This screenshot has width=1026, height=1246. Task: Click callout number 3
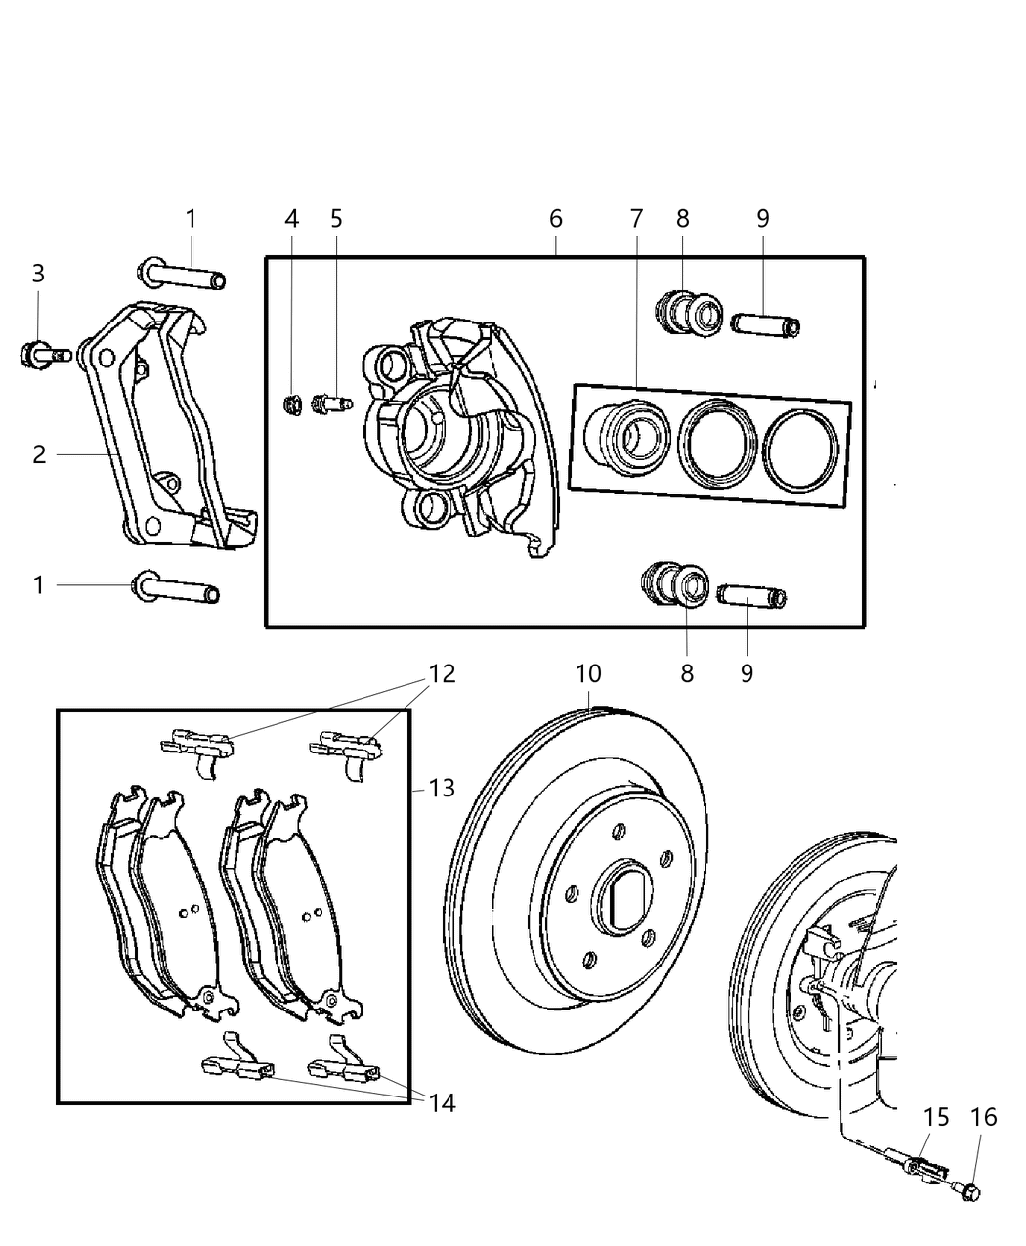pos(38,274)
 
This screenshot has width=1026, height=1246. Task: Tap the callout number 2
pos(39,454)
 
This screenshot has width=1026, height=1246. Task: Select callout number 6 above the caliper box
pos(555,219)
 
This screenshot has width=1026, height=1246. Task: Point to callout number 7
pos(636,219)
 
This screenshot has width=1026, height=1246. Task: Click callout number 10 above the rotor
pos(588,674)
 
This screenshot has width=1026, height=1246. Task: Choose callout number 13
pos(442,787)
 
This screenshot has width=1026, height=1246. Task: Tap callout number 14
pos(442,1103)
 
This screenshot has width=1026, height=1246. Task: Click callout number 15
pos(936,1116)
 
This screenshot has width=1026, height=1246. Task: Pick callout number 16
pos(984,1116)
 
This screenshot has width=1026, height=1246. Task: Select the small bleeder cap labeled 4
pos(289,402)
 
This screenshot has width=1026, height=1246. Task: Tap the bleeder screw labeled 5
pos(329,403)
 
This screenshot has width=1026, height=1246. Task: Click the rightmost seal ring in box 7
pos(799,451)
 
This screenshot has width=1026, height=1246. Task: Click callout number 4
pos(291,219)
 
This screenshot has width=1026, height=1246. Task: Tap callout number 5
pos(336,219)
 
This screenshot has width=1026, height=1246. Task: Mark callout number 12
pos(442,674)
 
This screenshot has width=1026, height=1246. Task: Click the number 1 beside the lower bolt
pos(39,585)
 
